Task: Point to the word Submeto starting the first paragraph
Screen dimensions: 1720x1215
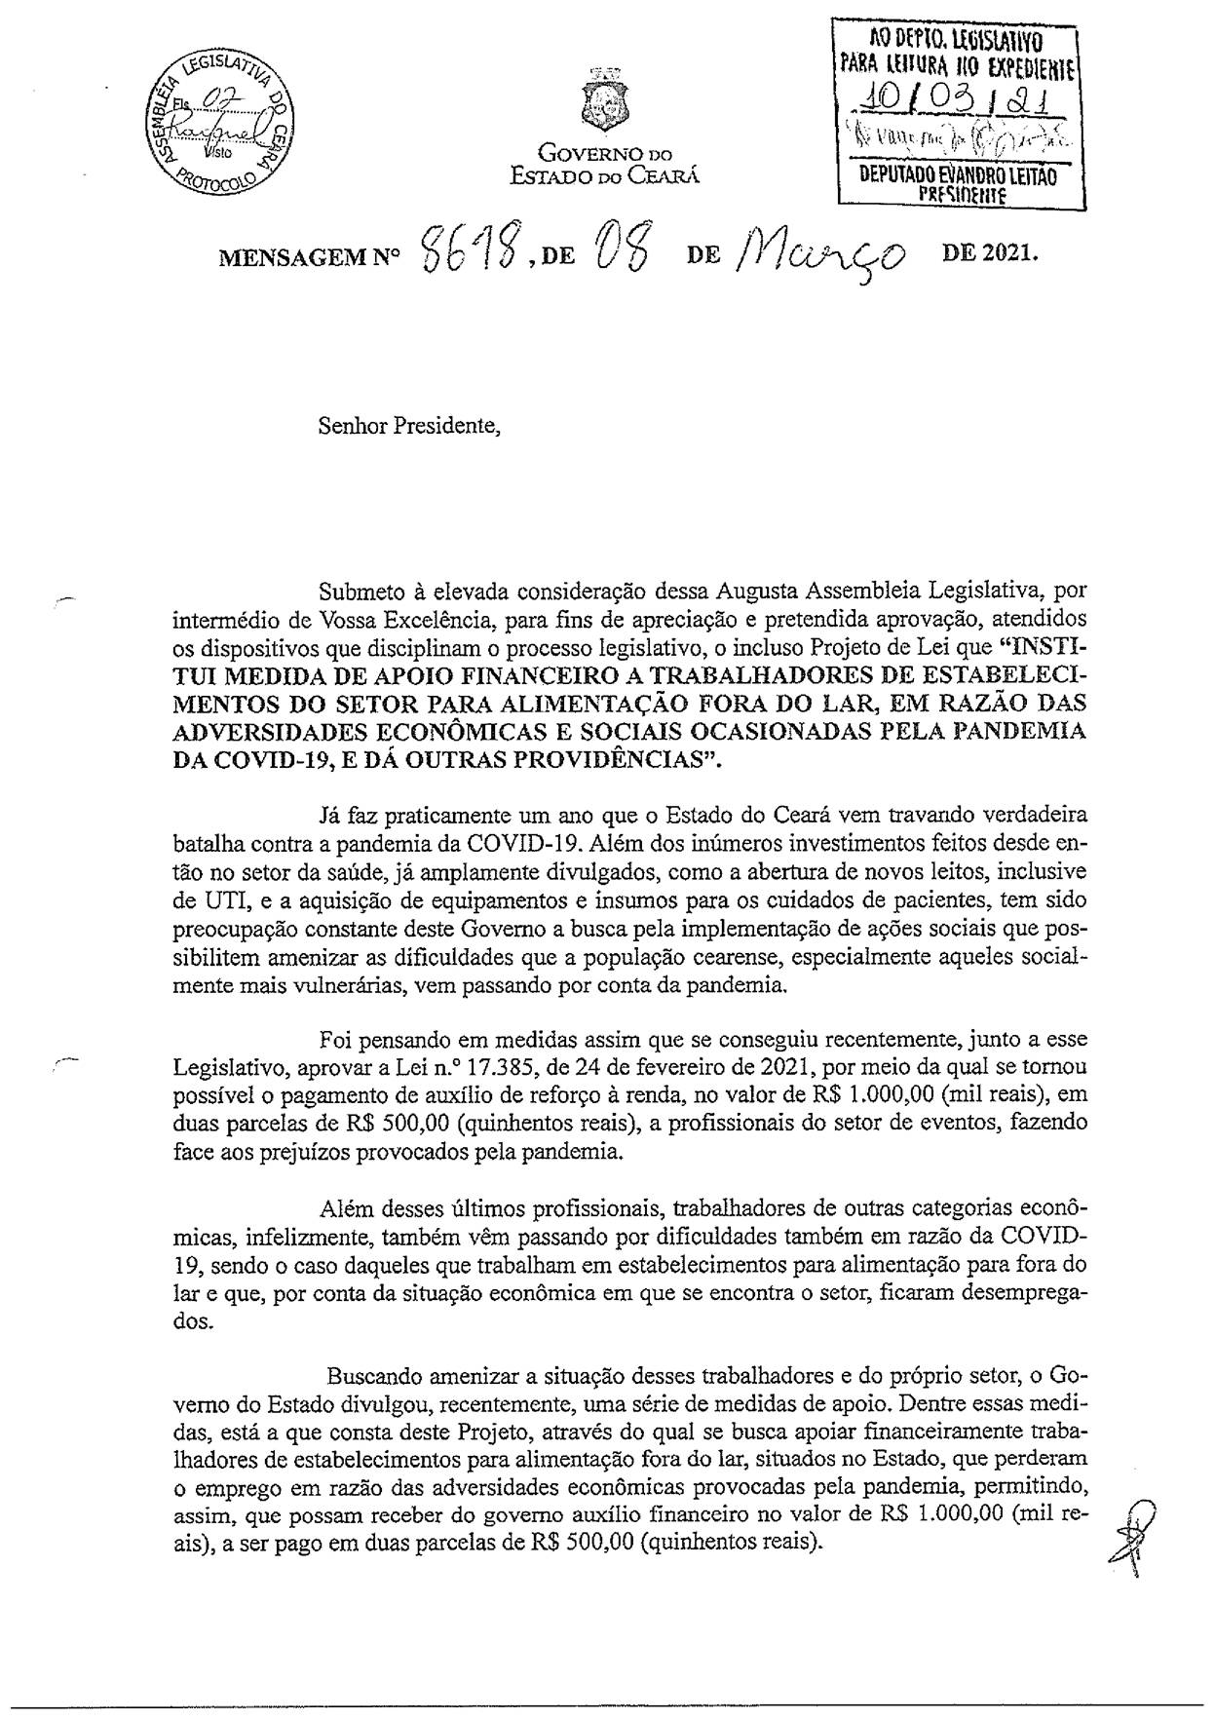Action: (361, 590)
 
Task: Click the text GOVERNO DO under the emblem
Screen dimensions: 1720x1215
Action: (606, 154)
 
